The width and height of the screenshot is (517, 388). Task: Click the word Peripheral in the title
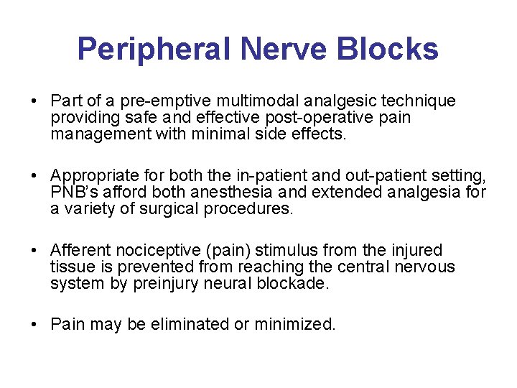(154, 50)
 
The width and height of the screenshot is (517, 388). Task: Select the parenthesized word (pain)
(233, 251)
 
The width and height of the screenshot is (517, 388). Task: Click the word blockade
(297, 283)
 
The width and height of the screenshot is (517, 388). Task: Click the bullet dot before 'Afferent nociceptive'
(35, 251)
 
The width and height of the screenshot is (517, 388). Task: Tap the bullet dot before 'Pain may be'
(35, 325)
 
